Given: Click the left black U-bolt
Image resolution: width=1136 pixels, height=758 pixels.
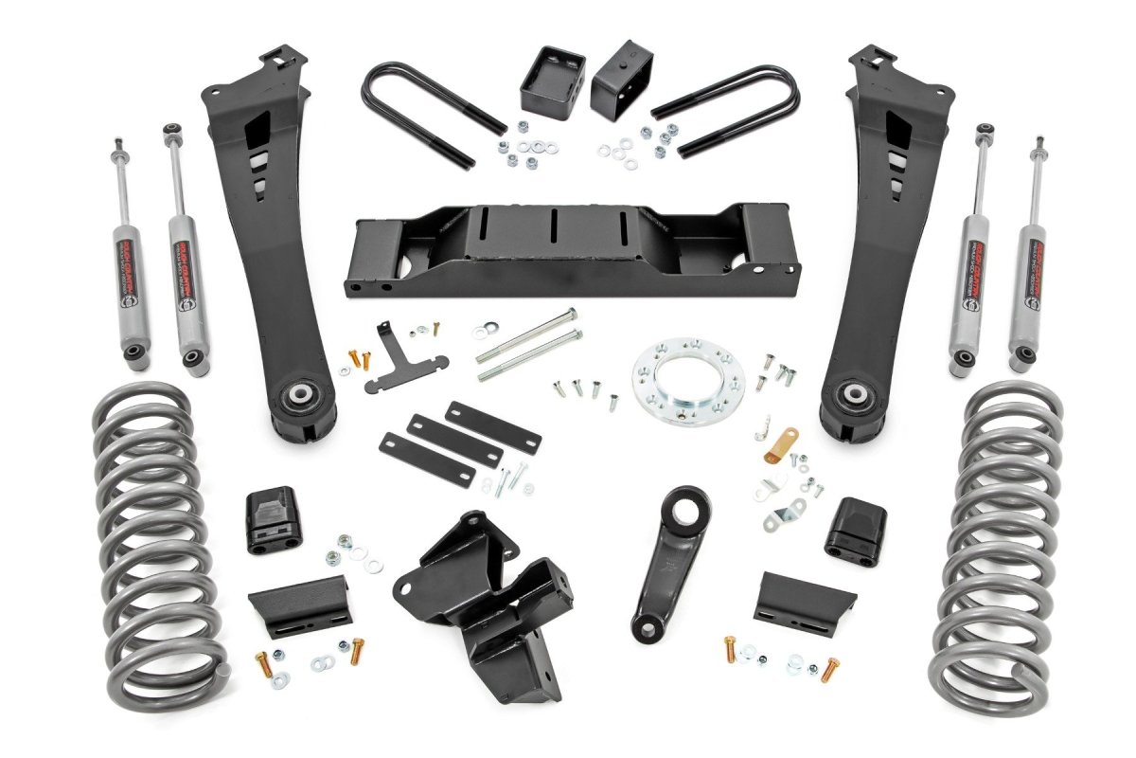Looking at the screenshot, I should (426, 104).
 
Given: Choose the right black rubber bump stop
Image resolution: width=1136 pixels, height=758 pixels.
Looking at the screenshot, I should (855, 531).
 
